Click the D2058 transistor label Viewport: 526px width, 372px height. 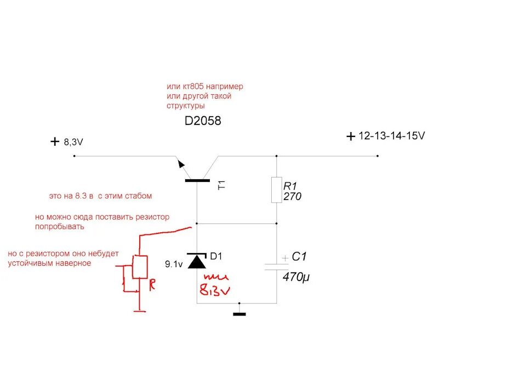tap(203, 122)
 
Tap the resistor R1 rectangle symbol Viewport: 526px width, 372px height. tap(276, 190)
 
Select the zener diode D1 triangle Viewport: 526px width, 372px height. tap(197, 261)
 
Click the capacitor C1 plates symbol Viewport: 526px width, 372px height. tap(276, 266)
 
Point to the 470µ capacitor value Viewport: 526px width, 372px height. tap(296, 277)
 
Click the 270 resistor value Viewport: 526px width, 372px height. tap(293, 197)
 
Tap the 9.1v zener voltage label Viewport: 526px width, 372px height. tap(174, 264)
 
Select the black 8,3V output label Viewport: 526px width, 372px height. tap(73, 142)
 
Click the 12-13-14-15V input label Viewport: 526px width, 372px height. tap(392, 136)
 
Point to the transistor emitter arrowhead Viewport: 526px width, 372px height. tap(180, 163)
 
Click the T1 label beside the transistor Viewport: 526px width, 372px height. tap(222, 185)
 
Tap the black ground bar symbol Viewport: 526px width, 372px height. tap(239, 314)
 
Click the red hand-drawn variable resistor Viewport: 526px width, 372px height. tap(140, 267)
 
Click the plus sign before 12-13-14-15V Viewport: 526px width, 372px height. tap(351, 137)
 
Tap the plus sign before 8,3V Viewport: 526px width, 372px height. tap(54, 142)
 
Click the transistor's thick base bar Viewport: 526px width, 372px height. tap(197, 180)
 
